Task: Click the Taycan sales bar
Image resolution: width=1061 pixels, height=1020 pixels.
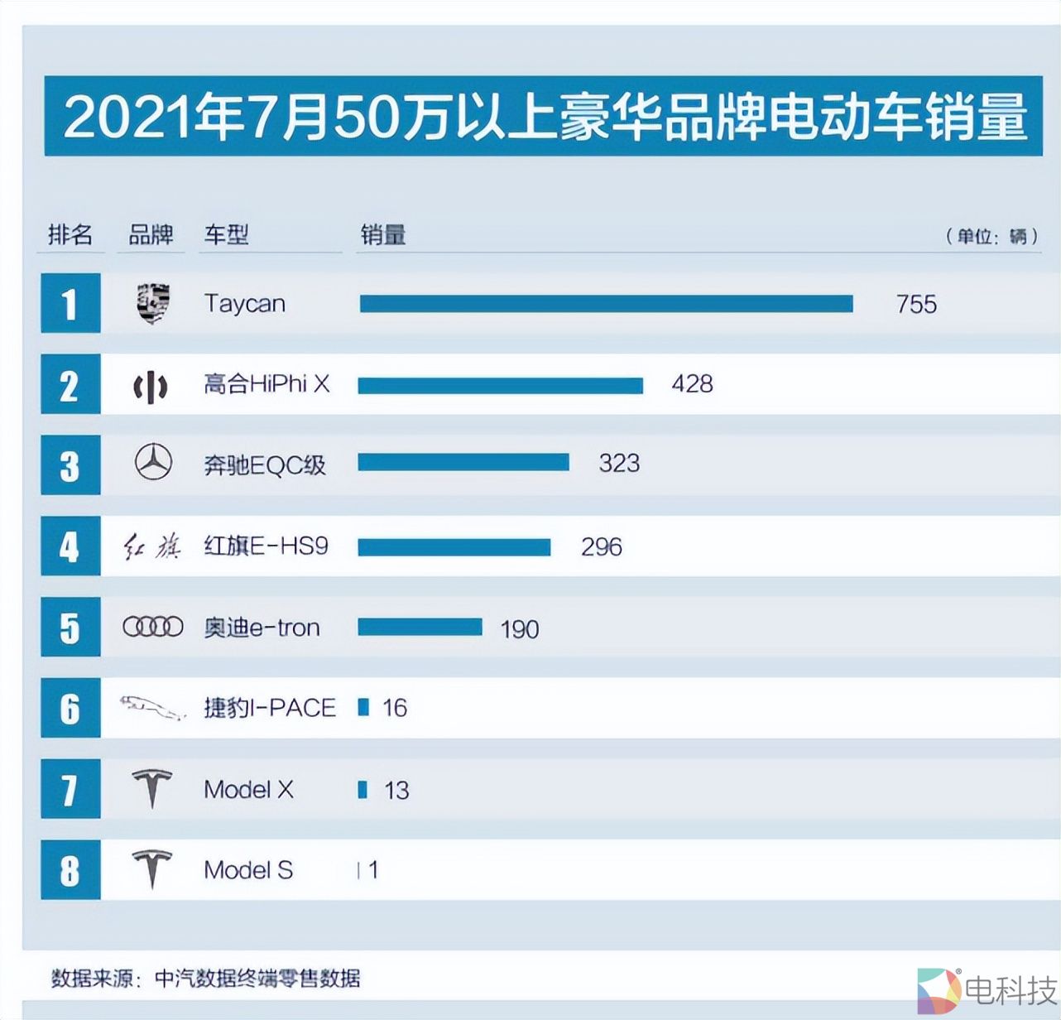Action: [606, 304]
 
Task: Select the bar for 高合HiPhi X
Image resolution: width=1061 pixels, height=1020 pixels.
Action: [500, 385]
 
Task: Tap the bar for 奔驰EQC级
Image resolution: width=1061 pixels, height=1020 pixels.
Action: [463, 462]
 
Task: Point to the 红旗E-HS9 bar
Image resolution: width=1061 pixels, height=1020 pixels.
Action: [454, 546]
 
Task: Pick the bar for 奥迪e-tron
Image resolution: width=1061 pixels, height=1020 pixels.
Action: [420, 627]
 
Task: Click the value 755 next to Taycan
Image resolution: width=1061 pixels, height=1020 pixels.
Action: [916, 304]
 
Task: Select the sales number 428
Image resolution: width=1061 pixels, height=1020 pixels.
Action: [692, 384]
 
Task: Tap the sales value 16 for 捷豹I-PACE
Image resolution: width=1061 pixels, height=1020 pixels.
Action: [395, 708]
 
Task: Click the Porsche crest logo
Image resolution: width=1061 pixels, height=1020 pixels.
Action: [153, 303]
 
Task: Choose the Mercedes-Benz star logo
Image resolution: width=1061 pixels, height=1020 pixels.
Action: [153, 462]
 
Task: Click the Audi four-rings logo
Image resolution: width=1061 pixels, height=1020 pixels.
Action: [153, 627]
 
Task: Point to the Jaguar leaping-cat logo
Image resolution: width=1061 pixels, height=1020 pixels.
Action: [152, 707]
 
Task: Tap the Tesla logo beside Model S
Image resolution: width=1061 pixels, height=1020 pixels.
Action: [152, 868]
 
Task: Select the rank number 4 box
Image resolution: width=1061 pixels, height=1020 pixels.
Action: [70, 546]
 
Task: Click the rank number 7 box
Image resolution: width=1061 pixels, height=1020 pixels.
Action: [70, 789]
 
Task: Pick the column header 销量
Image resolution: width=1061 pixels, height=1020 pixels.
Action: [382, 235]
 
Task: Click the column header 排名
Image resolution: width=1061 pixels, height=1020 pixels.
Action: [70, 235]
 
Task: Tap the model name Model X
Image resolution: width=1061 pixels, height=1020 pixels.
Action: [248, 789]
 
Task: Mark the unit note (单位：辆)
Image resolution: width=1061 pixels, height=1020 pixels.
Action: [991, 236]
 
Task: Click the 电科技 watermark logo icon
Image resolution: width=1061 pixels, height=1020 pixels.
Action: [938, 990]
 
